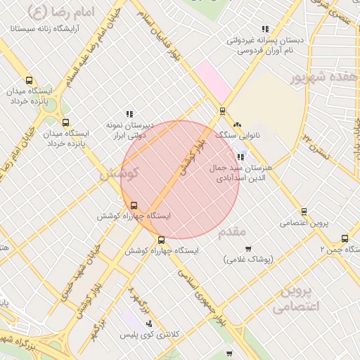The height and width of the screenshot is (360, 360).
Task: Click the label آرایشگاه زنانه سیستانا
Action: (x=46, y=29)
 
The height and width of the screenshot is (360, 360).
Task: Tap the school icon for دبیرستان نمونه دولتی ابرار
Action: (x=129, y=113)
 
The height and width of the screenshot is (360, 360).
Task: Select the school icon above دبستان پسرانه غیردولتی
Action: (x=265, y=29)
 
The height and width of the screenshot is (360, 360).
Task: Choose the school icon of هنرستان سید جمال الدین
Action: (x=241, y=157)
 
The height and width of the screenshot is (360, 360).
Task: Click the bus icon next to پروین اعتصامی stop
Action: (x=304, y=211)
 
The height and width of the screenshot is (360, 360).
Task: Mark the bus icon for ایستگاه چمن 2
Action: (x=345, y=238)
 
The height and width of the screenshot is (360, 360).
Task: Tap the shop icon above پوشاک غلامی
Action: (x=248, y=248)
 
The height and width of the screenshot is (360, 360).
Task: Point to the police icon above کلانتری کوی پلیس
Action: (x=148, y=323)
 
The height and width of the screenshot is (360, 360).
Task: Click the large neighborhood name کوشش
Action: (x=120, y=173)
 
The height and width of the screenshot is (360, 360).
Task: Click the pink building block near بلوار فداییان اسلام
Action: (x=212, y=81)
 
